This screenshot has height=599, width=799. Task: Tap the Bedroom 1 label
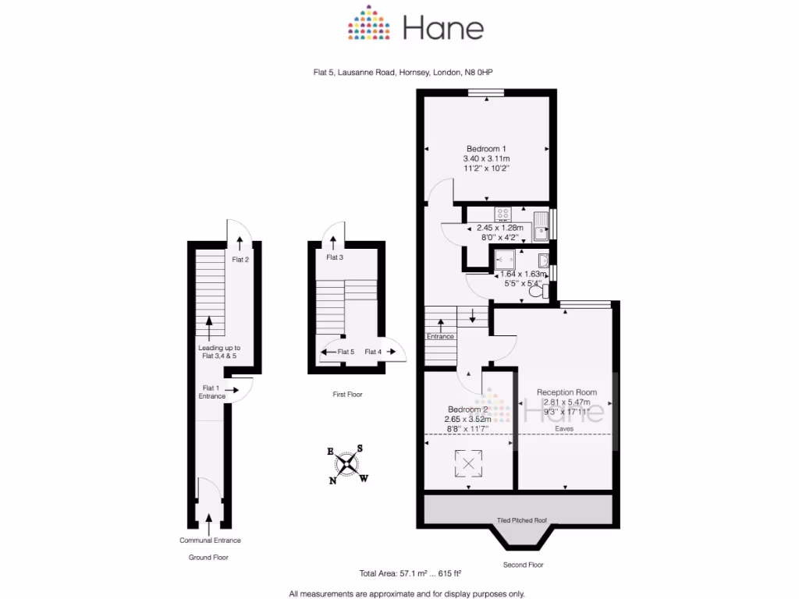[x=487, y=149]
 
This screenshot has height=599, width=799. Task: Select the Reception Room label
[x=566, y=392]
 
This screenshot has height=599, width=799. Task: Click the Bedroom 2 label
[x=468, y=409]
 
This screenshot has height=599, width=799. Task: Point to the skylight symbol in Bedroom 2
[x=468, y=464]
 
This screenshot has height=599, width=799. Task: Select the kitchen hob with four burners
[x=502, y=213]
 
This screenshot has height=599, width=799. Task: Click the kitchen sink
[x=541, y=225]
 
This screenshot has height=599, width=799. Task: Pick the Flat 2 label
[x=240, y=259]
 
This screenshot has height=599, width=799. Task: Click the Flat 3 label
[x=335, y=257]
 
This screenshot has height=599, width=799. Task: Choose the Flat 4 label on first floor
[x=374, y=352]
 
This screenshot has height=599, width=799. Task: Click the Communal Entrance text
[x=210, y=541]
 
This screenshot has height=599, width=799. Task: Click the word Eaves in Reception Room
[x=565, y=428]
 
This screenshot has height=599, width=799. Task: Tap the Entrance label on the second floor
[x=440, y=336]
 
